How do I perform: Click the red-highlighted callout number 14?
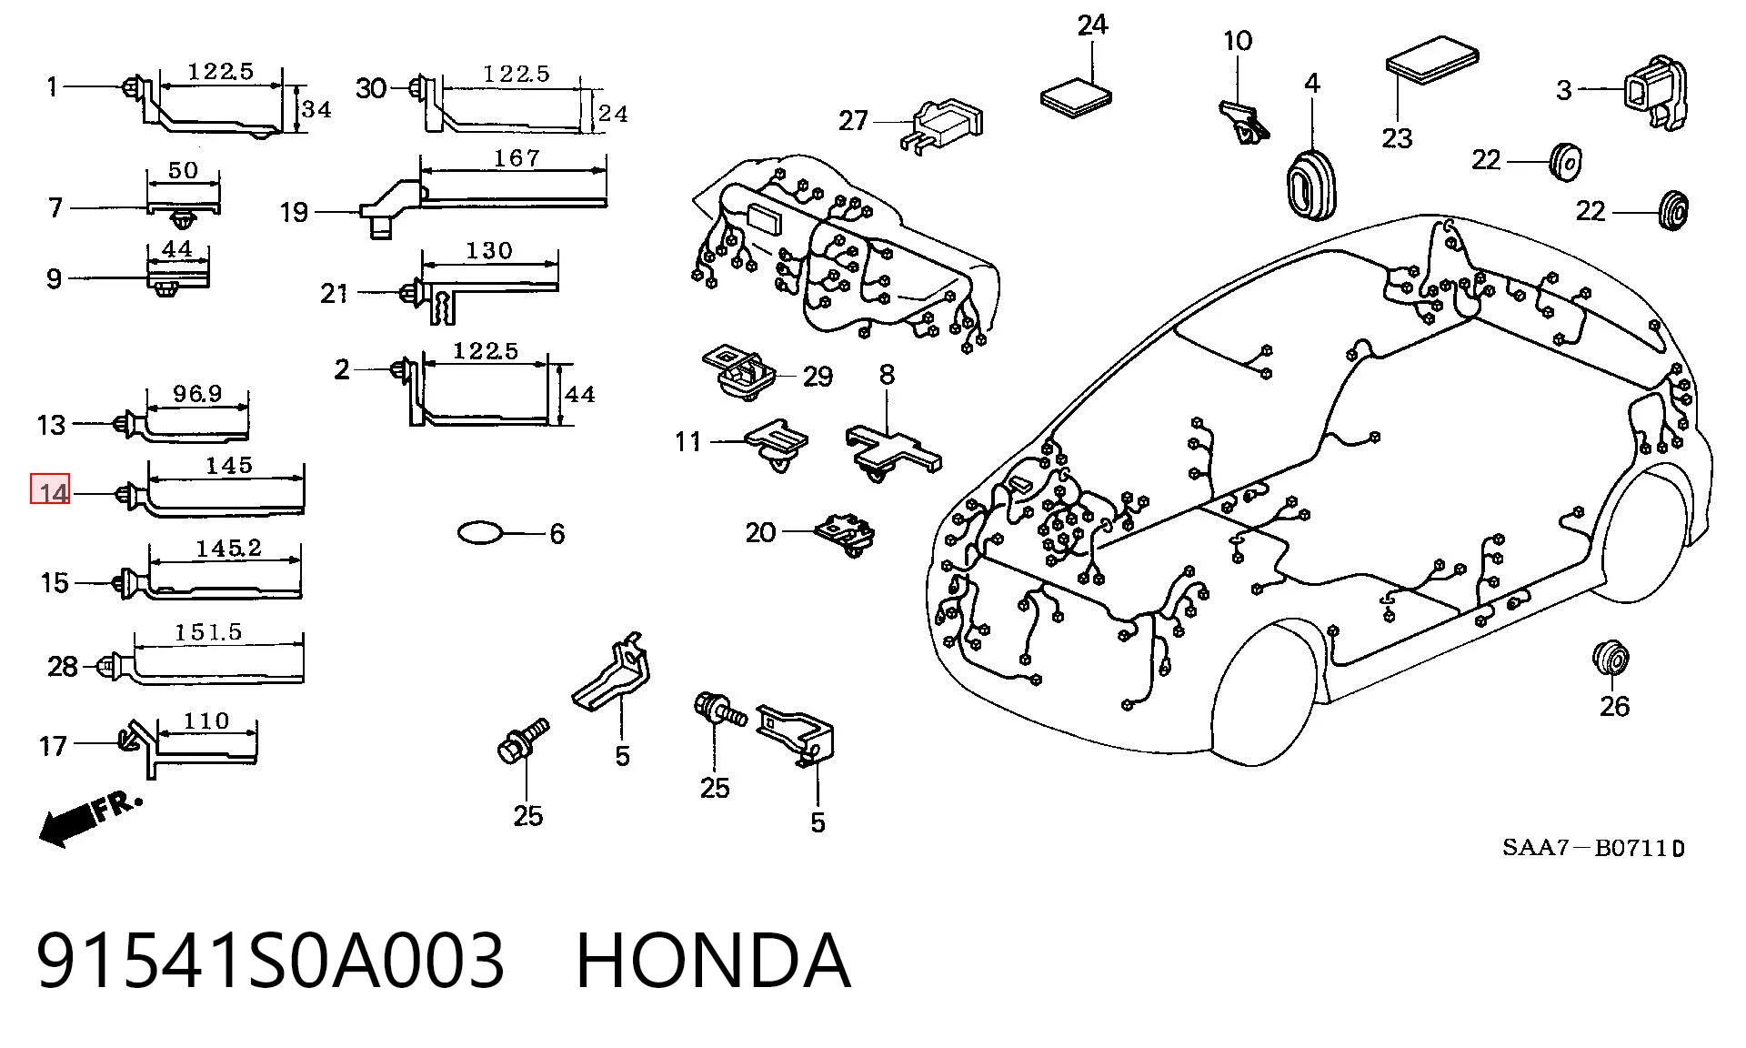coord(51,492)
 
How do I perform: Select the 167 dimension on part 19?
coord(516,158)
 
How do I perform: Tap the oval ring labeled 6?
coord(479,532)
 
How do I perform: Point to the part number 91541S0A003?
coord(270,961)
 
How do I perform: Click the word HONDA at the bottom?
coord(714,961)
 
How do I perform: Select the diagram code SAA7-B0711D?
coord(1593,848)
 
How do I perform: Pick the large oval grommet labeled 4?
coord(1310,183)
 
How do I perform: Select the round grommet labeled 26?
coord(1611,657)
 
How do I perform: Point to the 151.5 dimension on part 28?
coord(208,632)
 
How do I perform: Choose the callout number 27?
coord(853,120)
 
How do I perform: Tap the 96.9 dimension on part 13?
coord(197,393)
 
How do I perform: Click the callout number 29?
coord(818,376)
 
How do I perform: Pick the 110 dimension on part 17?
coord(206,721)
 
